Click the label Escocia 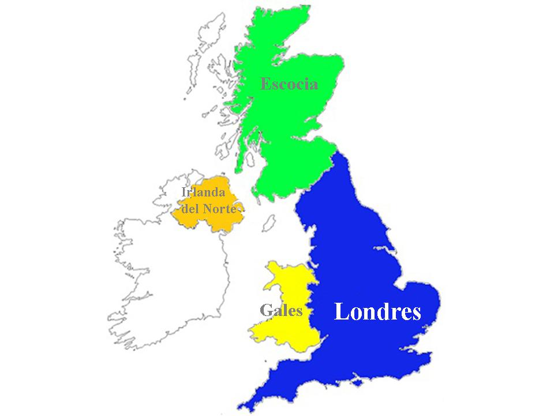pos(289,84)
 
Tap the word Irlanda pos(203,193)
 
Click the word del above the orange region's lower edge pos(190,209)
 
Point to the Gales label pos(281,311)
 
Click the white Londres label pos(377,312)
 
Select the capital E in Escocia pos(265,84)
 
